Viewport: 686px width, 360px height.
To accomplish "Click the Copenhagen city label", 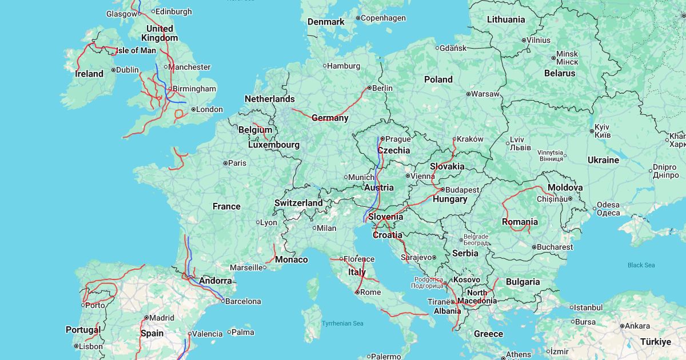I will click(x=383, y=18).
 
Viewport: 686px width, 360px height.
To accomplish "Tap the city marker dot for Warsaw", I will click(x=468, y=94).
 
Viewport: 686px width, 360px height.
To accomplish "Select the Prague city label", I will click(x=398, y=139).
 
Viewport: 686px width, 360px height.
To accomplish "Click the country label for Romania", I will click(x=520, y=222).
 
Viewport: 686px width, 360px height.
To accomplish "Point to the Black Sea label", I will click(x=641, y=265).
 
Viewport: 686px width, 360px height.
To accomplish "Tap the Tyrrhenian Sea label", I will click(x=342, y=323).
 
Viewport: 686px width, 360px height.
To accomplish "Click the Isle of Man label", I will click(x=135, y=50).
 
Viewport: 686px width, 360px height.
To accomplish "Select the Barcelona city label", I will click(x=243, y=301).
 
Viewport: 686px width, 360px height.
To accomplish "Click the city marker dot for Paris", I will click(x=226, y=163).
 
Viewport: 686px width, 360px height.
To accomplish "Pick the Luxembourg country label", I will click(x=274, y=145).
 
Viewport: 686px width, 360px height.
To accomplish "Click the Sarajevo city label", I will click(x=416, y=257).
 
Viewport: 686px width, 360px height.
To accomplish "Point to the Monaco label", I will click(x=292, y=259).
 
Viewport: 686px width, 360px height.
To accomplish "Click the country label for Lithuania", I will click(x=505, y=19).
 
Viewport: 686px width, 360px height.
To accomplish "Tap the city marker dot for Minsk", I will click(x=552, y=57).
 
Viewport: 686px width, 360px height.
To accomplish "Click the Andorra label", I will click(x=216, y=281).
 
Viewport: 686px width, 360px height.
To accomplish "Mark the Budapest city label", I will click(x=462, y=190).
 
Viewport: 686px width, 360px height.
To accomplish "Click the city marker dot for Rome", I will click(x=357, y=292).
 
